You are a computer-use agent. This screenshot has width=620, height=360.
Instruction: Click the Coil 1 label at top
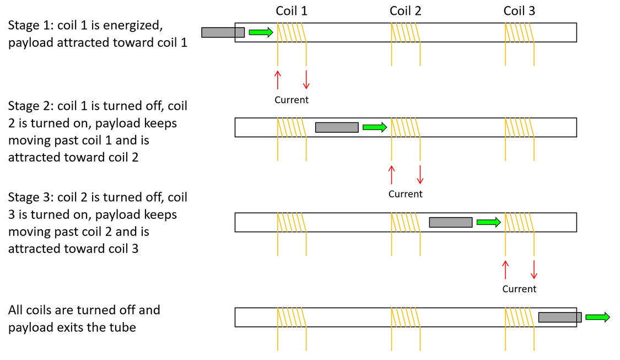[292, 10]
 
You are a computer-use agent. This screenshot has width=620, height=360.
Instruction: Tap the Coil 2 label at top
[405, 10]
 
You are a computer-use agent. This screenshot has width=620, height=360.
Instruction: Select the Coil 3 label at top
[519, 10]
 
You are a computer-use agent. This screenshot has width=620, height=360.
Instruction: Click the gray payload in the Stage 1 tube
[223, 33]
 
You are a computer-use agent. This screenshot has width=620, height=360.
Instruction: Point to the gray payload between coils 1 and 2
[337, 127]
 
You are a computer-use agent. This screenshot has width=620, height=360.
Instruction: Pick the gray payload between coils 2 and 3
[451, 222]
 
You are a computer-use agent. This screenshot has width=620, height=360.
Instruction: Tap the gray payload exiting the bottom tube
[560, 318]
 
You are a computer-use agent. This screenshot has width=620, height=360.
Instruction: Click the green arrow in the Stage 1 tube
[261, 32]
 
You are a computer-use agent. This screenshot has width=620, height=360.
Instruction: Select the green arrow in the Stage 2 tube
[375, 127]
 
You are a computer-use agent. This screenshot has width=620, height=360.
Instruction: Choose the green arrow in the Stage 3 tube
[489, 222]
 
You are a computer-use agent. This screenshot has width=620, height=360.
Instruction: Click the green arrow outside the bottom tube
[598, 317]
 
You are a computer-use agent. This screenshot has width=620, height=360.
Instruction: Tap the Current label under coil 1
[292, 100]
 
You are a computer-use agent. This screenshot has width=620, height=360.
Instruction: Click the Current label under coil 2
[405, 194]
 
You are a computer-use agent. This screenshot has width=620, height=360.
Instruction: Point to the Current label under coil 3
[519, 289]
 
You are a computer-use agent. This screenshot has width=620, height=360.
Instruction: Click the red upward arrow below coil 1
[278, 80]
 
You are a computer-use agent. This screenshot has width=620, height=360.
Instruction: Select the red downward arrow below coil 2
[420, 175]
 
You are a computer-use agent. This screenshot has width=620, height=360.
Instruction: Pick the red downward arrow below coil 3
[534, 270]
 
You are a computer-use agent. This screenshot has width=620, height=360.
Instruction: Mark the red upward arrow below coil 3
[505, 270]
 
